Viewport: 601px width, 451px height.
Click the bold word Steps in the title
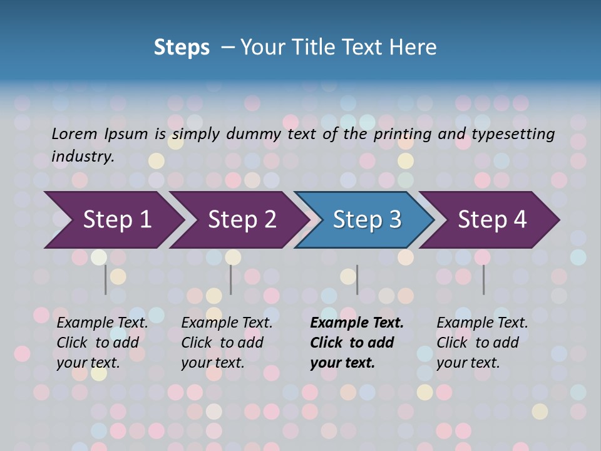point(182,47)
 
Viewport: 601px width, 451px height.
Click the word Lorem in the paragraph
point(74,133)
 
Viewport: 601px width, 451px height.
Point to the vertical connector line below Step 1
point(106,279)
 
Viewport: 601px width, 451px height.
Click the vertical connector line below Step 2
point(231,279)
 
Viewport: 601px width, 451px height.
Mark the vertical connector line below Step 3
point(357,279)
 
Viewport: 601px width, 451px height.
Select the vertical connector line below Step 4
point(483,279)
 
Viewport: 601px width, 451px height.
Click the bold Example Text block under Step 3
point(357,343)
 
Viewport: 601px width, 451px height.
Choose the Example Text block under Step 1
point(102,343)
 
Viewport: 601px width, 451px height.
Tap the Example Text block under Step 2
point(227,343)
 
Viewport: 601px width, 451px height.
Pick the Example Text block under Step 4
point(482,343)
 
